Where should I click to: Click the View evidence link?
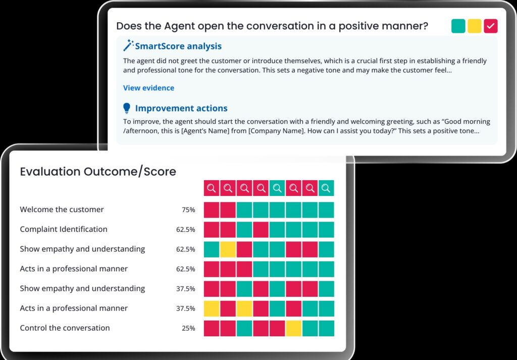tap(148, 88)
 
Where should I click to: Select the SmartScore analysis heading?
tap(178, 46)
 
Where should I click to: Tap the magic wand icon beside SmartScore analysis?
tap(128, 45)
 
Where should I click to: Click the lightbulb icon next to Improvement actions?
tap(127, 108)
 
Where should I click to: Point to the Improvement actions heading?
tap(181, 108)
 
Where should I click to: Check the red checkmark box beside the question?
tap(491, 26)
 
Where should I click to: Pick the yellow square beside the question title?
tap(475, 26)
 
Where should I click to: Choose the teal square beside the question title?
tap(458, 26)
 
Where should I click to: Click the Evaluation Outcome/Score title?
tap(98, 172)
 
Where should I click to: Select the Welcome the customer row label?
tap(62, 210)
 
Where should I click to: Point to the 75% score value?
tap(188, 210)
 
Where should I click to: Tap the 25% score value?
tap(188, 328)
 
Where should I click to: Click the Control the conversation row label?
tap(65, 328)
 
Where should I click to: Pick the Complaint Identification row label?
tap(64, 229)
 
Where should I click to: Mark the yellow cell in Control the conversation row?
tap(293, 328)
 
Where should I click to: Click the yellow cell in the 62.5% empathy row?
tap(228, 249)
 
